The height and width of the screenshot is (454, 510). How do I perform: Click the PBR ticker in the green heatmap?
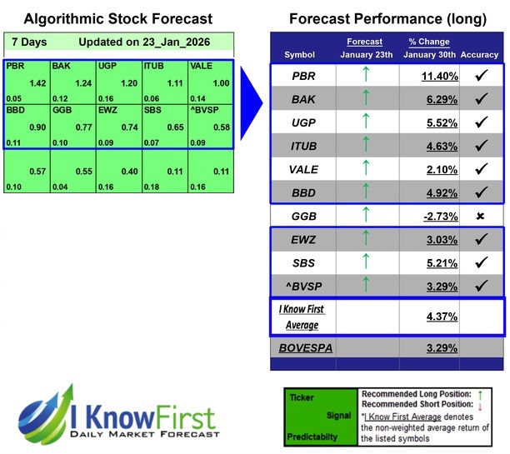[x=14, y=65]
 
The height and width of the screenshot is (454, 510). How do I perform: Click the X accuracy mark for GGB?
[x=481, y=216]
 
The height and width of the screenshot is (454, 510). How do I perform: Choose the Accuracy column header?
[x=479, y=55]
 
